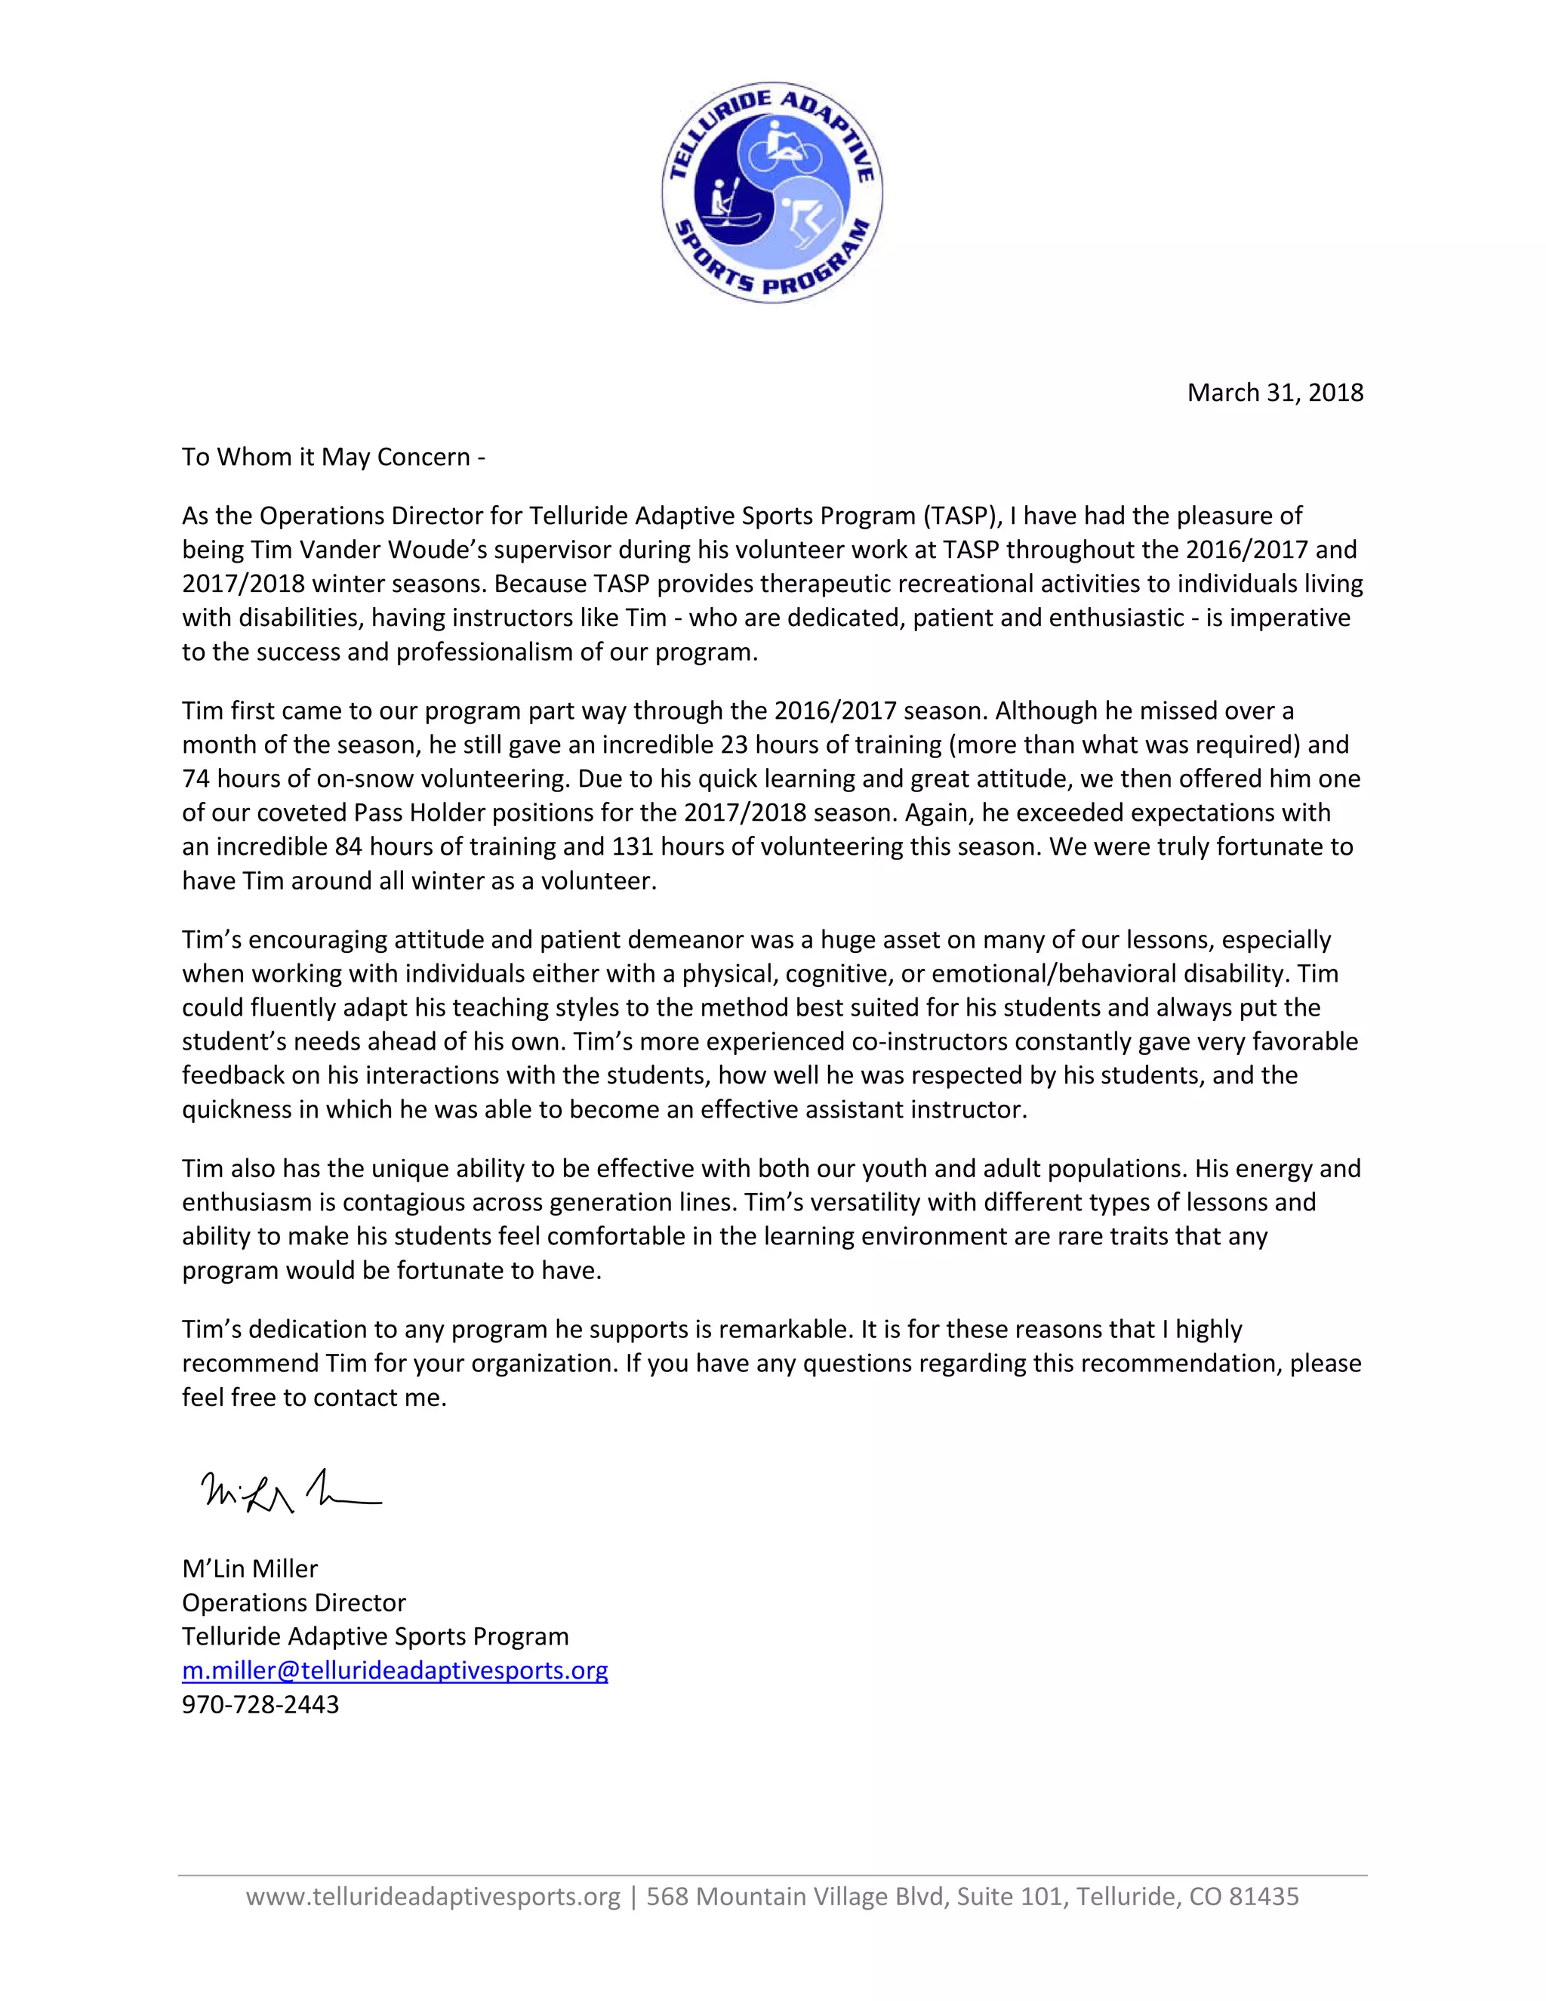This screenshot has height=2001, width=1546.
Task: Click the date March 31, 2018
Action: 1274,392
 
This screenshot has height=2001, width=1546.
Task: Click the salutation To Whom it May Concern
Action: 332,456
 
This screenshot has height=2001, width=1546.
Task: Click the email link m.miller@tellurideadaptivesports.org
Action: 395,1670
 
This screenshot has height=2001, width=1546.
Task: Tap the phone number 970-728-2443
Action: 260,1704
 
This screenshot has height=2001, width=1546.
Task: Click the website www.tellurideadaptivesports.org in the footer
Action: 433,1897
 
